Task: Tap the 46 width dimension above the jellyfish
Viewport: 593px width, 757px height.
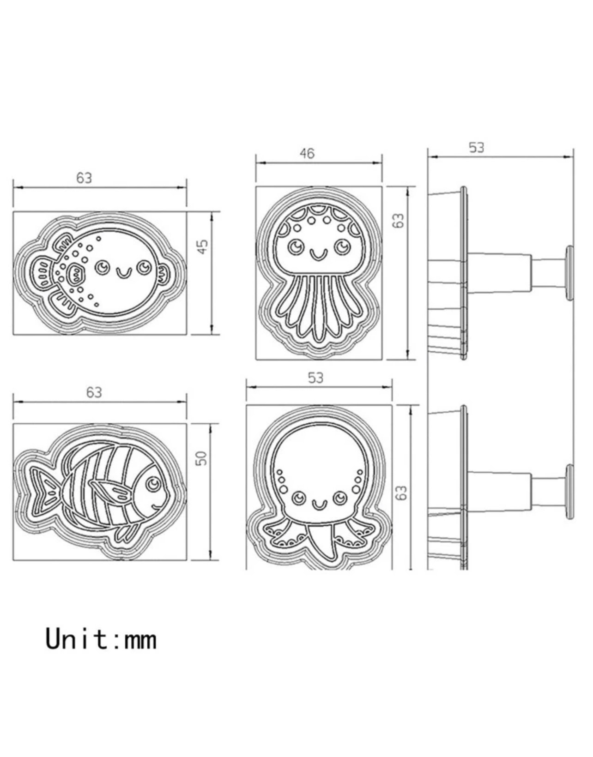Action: pyautogui.click(x=307, y=153)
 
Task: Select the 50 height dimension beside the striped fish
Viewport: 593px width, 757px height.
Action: pyautogui.click(x=202, y=458)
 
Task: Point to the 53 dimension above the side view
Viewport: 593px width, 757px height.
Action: pyautogui.click(x=477, y=148)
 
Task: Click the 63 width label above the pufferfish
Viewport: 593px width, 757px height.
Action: pyautogui.click(x=84, y=178)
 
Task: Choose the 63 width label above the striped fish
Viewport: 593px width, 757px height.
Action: pyautogui.click(x=94, y=392)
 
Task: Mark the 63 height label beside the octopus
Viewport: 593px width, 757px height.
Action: pyautogui.click(x=402, y=493)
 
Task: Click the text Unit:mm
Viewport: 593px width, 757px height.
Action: pyautogui.click(x=101, y=639)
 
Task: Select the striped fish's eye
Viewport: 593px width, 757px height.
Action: pyautogui.click(x=153, y=484)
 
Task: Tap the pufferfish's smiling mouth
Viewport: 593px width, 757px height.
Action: pyautogui.click(x=123, y=273)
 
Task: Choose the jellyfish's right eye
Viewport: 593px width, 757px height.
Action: pyautogui.click(x=342, y=246)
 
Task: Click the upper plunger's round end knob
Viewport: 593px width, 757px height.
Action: pyautogui.click(x=569, y=273)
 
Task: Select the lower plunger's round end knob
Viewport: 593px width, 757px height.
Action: pyautogui.click(x=569, y=493)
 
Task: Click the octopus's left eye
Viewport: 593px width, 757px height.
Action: pyautogui.click(x=298, y=498)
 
